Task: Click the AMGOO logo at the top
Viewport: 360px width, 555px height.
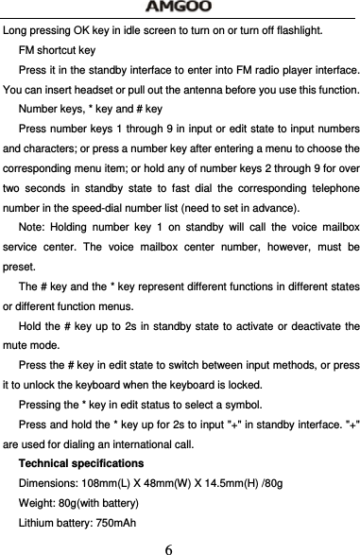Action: coord(180,9)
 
